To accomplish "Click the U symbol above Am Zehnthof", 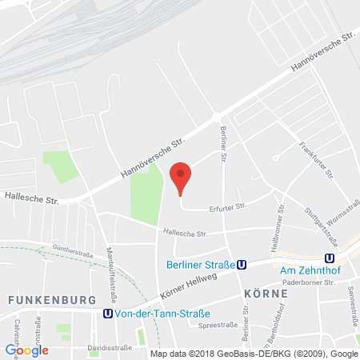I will tap(327, 258).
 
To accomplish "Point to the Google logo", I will tap(26, 350).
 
